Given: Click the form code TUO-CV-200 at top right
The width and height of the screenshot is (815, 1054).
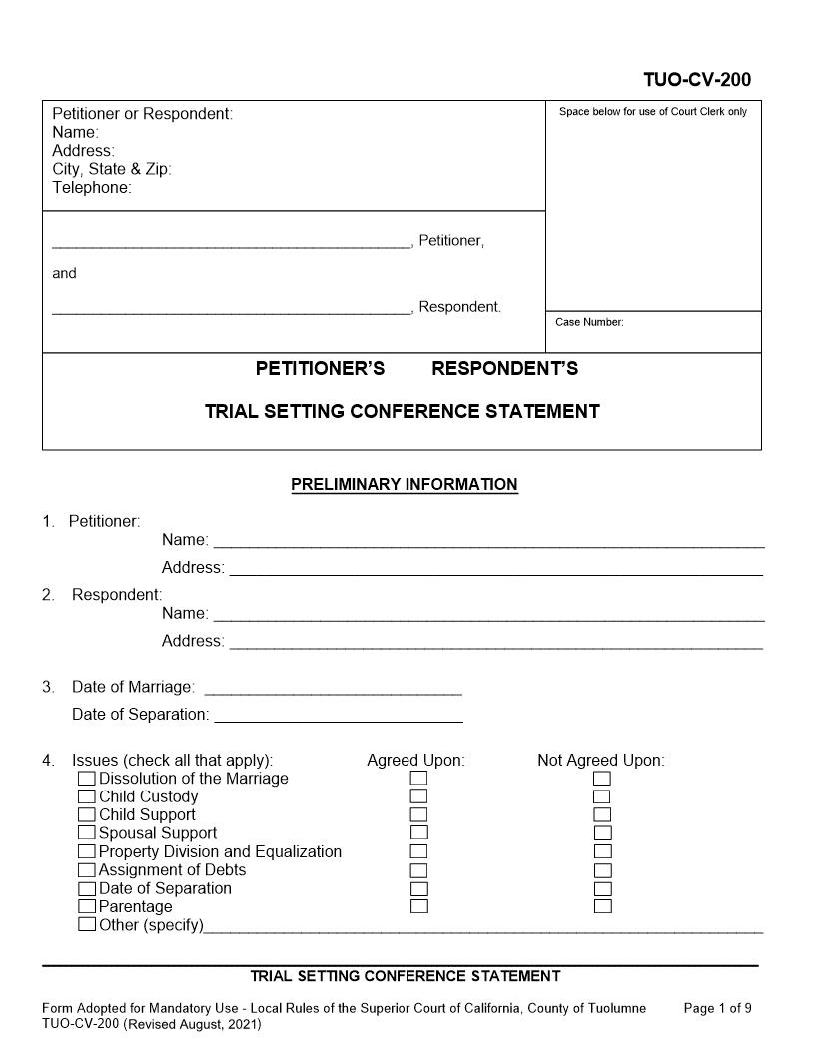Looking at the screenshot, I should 697,80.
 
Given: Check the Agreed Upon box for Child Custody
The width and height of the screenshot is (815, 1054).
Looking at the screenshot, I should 419,796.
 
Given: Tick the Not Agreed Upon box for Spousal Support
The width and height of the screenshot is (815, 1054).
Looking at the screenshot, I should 602,833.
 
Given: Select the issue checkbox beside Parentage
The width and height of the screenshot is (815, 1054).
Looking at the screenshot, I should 87,907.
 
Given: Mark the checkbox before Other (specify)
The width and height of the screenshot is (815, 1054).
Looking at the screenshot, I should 87,925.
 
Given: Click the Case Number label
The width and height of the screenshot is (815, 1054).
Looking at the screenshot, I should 589,322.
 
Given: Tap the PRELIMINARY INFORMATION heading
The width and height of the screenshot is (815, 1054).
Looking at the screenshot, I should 404,485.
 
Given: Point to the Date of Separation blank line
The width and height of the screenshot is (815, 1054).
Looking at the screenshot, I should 339,719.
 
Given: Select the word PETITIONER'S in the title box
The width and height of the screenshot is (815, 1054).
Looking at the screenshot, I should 320,369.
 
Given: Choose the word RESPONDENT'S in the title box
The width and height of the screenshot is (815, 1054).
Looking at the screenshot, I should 504,369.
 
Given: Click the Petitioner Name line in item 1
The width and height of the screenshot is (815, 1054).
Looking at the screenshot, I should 489,545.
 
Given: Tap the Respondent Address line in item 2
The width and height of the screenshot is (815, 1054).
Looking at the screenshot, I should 495,646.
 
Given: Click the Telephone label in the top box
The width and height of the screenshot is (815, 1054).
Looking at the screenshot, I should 92,188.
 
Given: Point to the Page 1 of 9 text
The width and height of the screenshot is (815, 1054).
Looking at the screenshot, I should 717,1008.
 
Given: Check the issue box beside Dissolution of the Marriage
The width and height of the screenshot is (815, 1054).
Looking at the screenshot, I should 87,779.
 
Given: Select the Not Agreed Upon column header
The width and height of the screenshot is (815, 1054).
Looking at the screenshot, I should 600,761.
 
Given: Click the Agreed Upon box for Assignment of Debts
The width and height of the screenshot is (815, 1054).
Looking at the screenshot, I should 419,870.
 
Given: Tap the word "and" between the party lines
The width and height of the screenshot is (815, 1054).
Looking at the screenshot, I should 64,273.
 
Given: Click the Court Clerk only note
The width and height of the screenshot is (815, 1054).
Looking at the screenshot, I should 652,112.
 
